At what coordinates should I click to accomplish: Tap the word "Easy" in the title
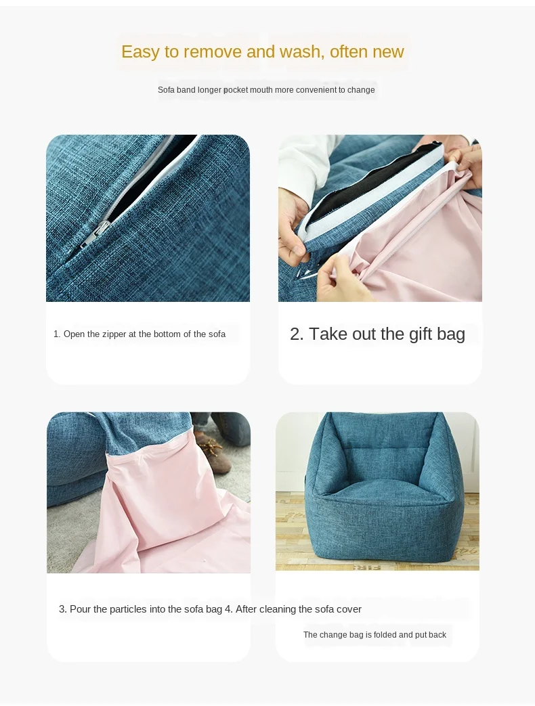pos(140,52)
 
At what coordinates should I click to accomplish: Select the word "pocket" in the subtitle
pos(236,90)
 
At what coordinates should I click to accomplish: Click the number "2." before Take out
pos(297,334)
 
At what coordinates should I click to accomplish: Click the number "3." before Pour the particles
pos(63,609)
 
